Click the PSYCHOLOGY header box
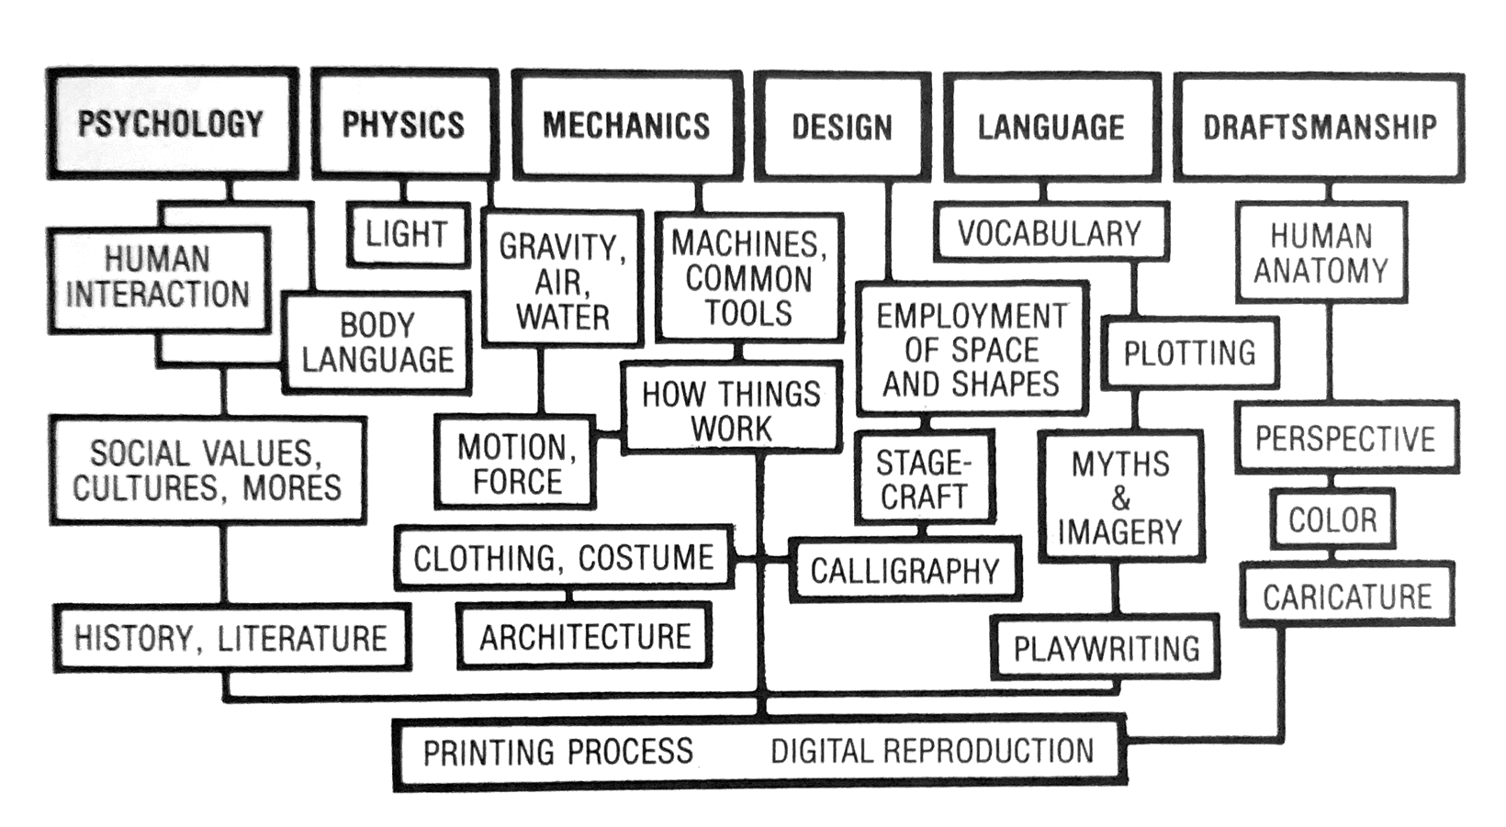tap(171, 123)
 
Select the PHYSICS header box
tap(403, 124)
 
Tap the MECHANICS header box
tap(626, 125)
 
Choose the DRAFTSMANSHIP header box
tap(1320, 126)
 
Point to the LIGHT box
tap(407, 234)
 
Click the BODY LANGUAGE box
tap(377, 342)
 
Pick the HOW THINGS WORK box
tap(731, 410)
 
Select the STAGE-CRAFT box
tap(923, 479)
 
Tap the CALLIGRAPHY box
tap(905, 571)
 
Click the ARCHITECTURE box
tap(585, 636)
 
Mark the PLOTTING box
tap(1189, 352)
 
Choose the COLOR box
tap(1332, 520)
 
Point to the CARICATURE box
tap(1347, 597)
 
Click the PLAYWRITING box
tap(1107, 648)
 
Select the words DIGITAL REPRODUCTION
tap(932, 751)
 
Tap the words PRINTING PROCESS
tap(557, 752)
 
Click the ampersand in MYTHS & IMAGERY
tap(1120, 498)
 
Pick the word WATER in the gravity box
tap(562, 317)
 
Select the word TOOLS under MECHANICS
tap(748, 313)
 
